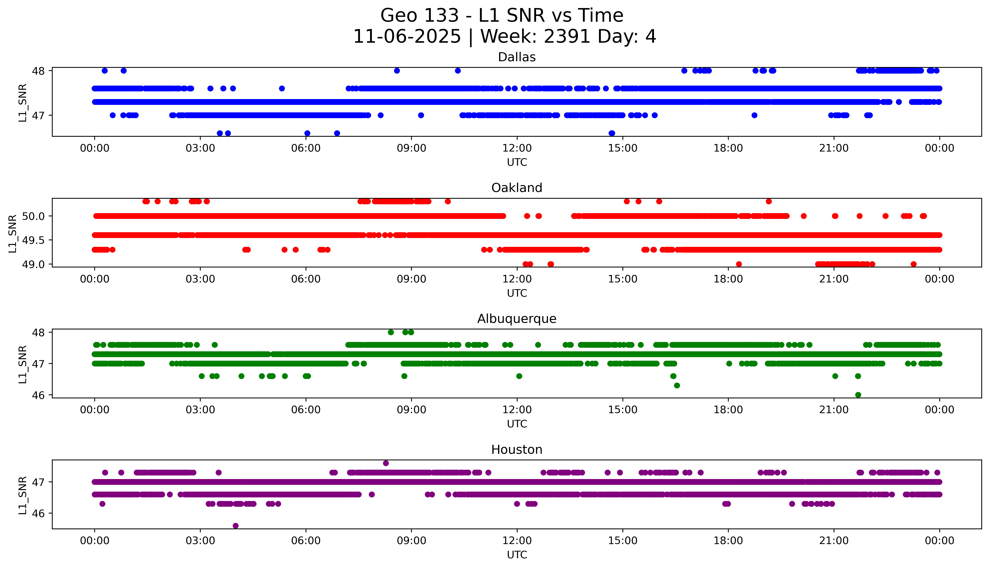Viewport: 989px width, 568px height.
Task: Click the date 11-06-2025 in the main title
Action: coord(407,37)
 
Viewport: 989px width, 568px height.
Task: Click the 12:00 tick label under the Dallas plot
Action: coord(517,148)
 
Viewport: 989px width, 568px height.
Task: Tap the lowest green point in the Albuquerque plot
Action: coord(858,395)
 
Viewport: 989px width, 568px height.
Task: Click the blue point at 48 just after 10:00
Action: coord(458,71)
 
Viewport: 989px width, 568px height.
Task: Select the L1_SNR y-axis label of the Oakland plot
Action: coord(13,233)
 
